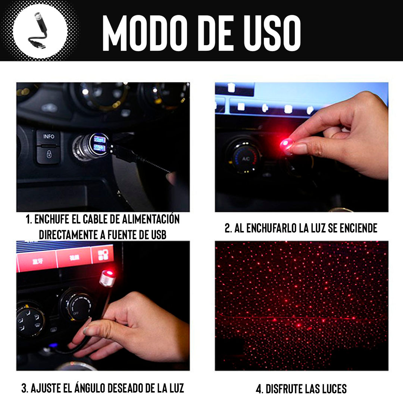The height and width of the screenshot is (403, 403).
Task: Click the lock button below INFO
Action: tap(49, 153)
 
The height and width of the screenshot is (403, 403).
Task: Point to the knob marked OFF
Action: tap(77, 306)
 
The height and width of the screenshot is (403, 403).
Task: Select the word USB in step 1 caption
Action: tap(156, 235)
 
